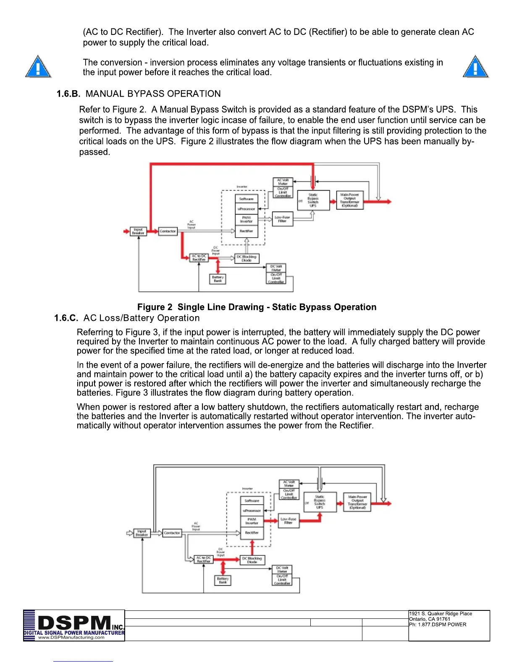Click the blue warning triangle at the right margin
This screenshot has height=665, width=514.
point(475,67)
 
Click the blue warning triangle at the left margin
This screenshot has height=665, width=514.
point(38,67)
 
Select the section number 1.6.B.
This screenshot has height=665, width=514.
point(68,94)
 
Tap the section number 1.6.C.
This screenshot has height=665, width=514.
point(66,318)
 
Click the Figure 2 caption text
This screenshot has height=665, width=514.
point(257,307)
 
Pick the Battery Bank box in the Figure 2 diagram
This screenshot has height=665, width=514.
point(218,279)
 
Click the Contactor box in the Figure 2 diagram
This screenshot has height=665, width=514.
point(168,231)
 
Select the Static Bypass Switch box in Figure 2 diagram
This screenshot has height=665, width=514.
point(313,200)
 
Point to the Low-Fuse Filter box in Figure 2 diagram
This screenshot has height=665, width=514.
point(282,219)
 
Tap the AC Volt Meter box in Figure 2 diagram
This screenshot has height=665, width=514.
point(283,182)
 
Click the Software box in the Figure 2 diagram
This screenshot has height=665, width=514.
point(247,199)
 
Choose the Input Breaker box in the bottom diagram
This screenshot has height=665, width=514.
point(142,533)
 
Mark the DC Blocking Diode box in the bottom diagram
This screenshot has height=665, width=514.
point(252,560)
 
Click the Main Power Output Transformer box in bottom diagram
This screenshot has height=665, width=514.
point(357,502)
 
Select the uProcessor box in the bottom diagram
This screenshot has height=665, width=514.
point(252,511)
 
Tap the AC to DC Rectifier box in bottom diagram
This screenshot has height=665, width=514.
point(204,560)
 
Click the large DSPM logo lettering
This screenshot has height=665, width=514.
point(75,623)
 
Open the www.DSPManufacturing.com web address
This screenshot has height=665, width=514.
point(71,637)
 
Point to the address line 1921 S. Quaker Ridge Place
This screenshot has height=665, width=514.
point(441,613)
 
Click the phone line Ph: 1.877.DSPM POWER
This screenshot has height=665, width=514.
point(438,624)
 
